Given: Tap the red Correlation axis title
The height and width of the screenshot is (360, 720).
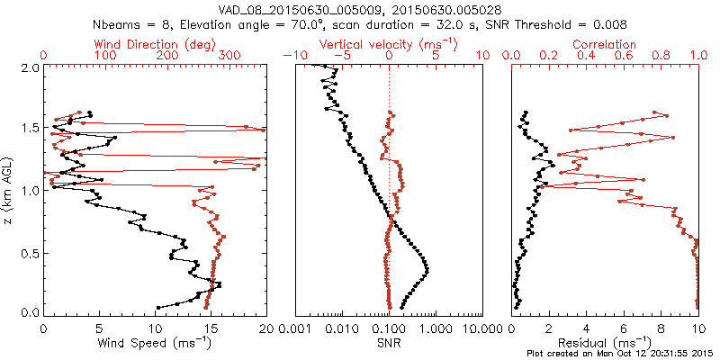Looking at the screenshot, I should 605,44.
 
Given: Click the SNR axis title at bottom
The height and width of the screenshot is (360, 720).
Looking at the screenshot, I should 389,343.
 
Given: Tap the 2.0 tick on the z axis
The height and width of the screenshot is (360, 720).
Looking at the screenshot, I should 31,67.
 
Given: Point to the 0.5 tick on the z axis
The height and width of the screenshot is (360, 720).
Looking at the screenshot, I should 31,251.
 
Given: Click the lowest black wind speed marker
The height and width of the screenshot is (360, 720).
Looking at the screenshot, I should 158,307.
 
